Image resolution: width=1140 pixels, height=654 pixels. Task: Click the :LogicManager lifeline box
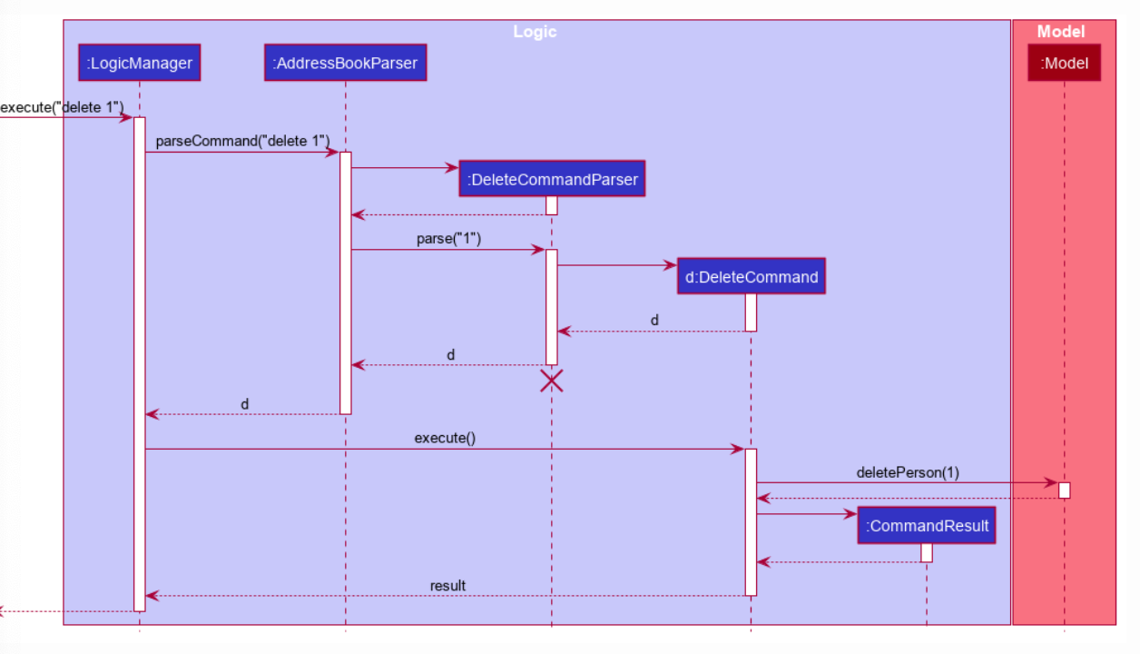pos(139,63)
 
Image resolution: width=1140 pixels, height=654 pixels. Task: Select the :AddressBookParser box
pos(345,63)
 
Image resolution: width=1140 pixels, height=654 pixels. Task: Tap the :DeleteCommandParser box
pos(551,179)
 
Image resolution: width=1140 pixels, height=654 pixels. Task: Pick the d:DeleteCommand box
pos(751,276)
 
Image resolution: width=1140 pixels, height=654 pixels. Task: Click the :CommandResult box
pos(927,525)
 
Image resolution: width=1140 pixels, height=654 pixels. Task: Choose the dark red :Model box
pos(1064,63)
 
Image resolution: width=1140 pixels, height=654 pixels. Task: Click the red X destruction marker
pos(551,381)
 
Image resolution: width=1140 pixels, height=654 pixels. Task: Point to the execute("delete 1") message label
pos(62,107)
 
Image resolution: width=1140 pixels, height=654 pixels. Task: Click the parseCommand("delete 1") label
pos(242,142)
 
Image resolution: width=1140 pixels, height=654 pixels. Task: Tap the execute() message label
pos(445,438)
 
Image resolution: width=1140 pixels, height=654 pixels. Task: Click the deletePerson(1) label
pos(907,472)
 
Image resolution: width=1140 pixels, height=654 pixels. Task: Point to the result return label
pos(447,586)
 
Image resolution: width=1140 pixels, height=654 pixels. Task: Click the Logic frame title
pos(535,32)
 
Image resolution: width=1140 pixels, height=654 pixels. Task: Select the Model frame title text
pos(1060,32)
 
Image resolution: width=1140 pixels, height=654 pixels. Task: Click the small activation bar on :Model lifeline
pos(1064,490)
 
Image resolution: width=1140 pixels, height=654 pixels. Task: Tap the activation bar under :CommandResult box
pos(927,552)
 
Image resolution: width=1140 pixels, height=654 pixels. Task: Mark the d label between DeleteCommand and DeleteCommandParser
pos(654,321)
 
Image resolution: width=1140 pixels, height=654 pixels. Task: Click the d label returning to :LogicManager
pos(244,403)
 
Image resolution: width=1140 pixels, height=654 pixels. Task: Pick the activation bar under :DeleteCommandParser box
pos(551,206)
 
